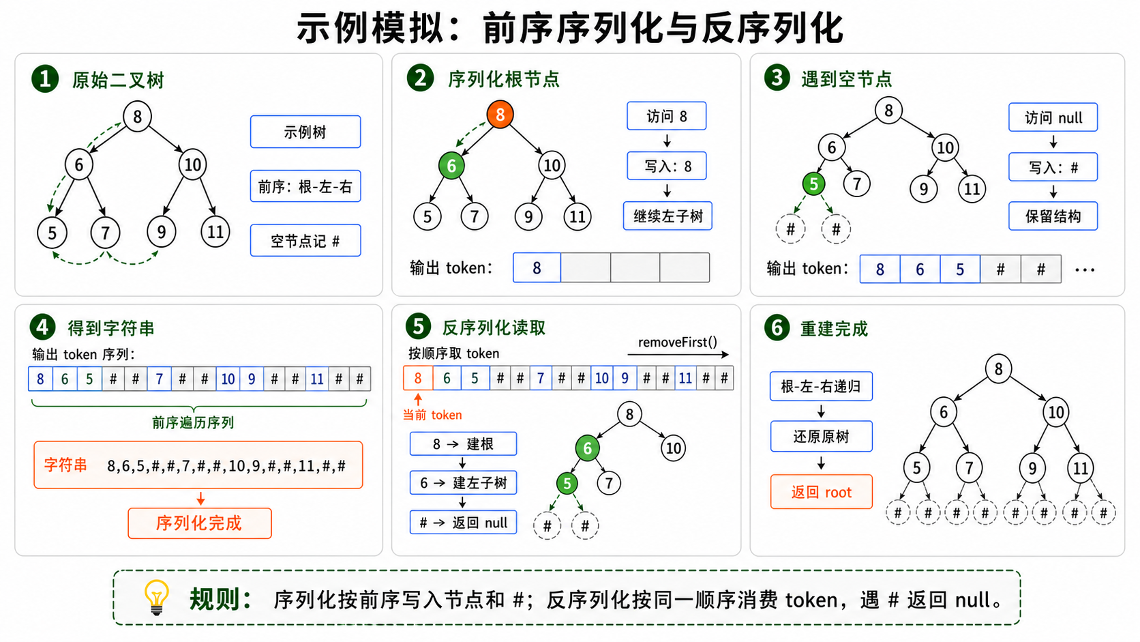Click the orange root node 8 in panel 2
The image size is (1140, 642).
coord(500,115)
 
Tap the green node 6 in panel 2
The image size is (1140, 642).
coord(451,166)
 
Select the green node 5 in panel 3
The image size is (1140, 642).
coord(813,184)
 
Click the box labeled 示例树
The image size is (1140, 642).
coord(305,132)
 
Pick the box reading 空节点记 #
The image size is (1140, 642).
coord(305,240)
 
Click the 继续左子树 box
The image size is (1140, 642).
coord(667,216)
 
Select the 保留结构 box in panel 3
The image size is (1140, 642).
coord(1053,216)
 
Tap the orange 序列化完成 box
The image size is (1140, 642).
coord(200,523)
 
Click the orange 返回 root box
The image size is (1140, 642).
coord(822,492)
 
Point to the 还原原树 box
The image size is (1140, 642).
coord(822,437)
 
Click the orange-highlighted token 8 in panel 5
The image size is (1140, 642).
coord(418,378)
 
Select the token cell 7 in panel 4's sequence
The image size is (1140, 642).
coord(160,379)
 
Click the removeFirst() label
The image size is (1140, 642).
coord(677,342)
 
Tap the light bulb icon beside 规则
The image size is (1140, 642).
coord(156,597)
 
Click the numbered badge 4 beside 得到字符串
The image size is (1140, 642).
coord(42,327)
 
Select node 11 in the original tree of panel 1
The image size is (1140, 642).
coord(215,232)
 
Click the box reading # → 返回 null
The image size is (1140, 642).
coord(463,523)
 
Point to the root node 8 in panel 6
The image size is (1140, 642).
coord(998,369)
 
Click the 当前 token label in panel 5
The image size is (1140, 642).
coord(432,415)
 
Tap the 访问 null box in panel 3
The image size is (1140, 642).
coord(1053,117)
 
